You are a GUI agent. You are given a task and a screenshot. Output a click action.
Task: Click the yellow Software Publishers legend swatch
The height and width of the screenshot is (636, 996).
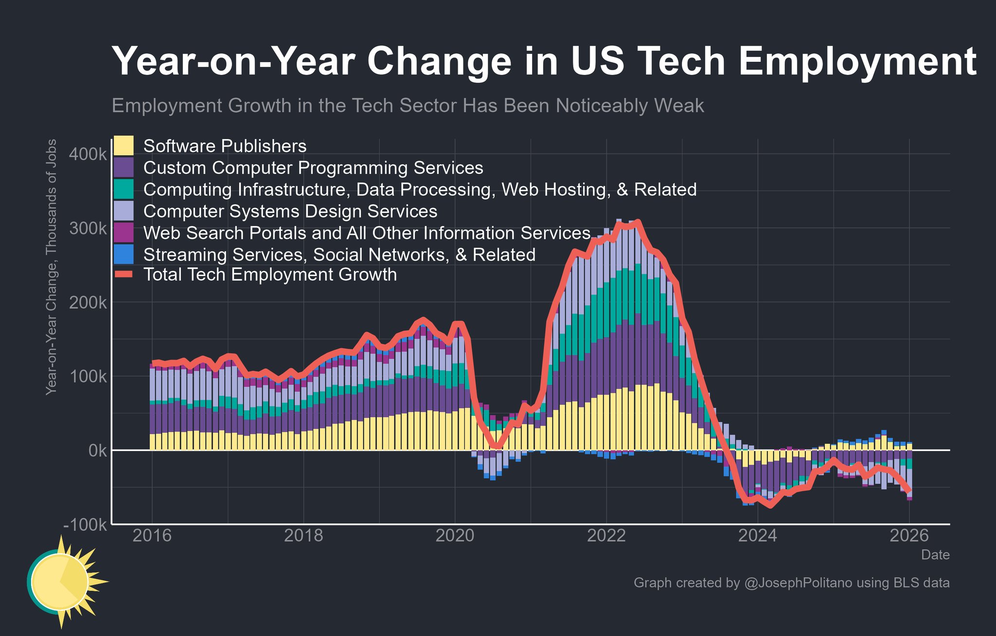coord(123,146)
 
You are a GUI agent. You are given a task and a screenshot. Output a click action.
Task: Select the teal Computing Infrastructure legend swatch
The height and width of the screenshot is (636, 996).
coord(123,189)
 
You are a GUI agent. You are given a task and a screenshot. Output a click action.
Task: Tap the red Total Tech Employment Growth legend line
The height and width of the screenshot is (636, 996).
coord(123,275)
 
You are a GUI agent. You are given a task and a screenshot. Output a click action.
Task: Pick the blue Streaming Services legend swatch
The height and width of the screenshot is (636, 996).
coord(123,254)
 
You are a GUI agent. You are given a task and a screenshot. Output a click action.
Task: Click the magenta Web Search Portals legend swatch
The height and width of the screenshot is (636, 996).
coord(123,233)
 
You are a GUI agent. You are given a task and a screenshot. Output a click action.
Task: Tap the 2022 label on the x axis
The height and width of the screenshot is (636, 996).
coord(606,536)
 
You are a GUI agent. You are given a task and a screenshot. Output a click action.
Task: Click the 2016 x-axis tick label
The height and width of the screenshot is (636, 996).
coord(152,536)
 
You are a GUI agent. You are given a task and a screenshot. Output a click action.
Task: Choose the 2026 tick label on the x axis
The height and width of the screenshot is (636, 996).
coord(909,536)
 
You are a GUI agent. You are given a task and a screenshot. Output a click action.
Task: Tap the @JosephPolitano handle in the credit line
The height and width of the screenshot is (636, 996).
coord(798,583)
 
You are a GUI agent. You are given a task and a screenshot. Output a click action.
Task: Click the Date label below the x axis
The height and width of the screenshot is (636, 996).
coord(935,555)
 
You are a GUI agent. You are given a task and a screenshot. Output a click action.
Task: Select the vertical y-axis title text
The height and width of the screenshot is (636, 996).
coord(51,267)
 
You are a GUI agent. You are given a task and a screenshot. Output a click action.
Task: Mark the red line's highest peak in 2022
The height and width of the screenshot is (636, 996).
coord(638,222)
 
